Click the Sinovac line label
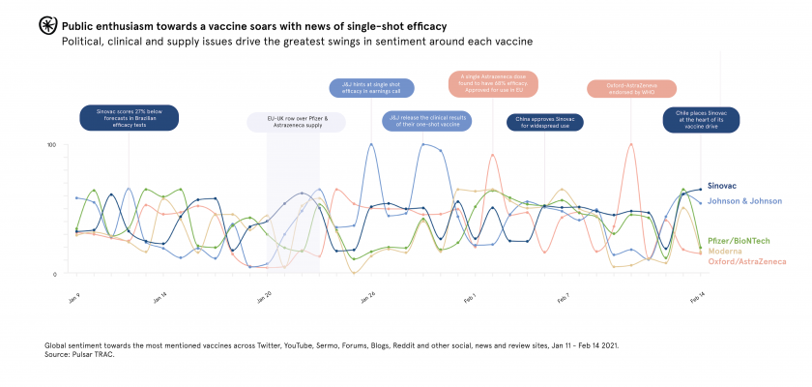[x=724, y=185]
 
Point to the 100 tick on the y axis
[x=51, y=145]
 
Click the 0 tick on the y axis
[x=54, y=275]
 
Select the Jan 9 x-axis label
[x=73, y=297]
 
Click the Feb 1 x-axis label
[x=470, y=297]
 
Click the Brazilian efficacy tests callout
[x=129, y=118]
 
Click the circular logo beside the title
[x=48, y=26]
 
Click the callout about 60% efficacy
[x=493, y=83]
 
